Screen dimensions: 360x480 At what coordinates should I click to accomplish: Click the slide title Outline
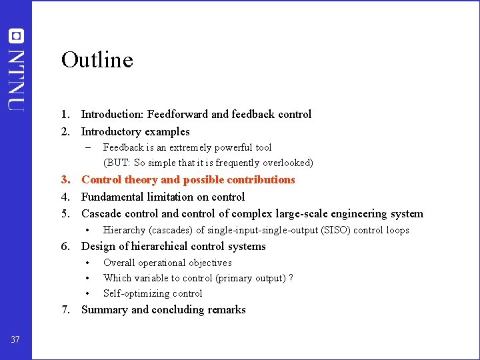pyautogui.click(x=97, y=60)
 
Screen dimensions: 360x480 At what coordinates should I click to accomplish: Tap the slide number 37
pyautogui.click(x=15, y=340)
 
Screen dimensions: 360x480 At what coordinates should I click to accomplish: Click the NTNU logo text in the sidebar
pyautogui.click(x=16, y=79)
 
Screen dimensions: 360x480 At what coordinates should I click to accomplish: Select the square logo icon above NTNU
pyautogui.click(x=16, y=36)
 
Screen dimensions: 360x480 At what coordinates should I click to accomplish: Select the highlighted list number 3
pyautogui.click(x=65, y=180)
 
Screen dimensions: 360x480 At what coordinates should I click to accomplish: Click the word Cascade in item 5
pyautogui.click(x=101, y=214)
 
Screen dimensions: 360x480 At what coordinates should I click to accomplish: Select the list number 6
pyautogui.click(x=65, y=247)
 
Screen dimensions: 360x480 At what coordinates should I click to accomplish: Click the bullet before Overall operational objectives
pyautogui.click(x=87, y=263)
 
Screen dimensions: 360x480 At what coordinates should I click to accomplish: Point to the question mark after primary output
pyautogui.click(x=291, y=278)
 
